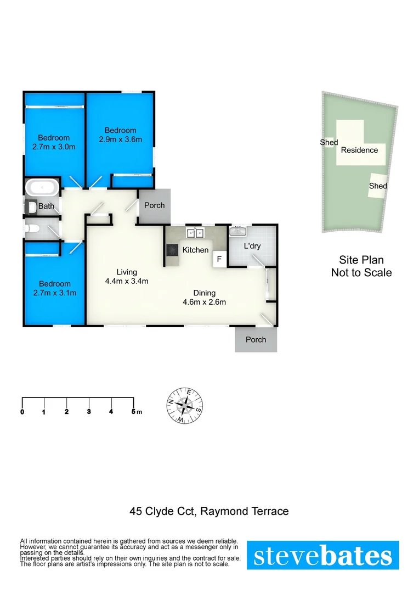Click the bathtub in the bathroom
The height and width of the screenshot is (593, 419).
(x=42, y=188)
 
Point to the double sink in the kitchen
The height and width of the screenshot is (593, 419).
(x=195, y=233)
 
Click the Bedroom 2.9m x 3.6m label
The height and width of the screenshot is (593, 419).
(x=120, y=135)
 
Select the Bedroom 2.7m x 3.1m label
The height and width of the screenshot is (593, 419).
(x=54, y=288)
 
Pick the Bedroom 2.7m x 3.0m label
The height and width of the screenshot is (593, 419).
(x=53, y=142)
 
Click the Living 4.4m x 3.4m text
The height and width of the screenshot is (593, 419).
(x=127, y=276)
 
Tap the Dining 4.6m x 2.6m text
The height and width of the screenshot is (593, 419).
(x=203, y=297)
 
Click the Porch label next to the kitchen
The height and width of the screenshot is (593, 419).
(x=154, y=205)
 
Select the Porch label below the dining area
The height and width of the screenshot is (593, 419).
(x=256, y=340)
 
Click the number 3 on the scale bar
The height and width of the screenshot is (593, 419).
(x=89, y=412)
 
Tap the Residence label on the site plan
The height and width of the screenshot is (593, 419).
(x=359, y=150)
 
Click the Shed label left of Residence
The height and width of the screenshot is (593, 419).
(x=329, y=142)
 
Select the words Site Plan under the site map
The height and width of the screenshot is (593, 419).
(x=361, y=260)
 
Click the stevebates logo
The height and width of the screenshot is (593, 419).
(x=323, y=556)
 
